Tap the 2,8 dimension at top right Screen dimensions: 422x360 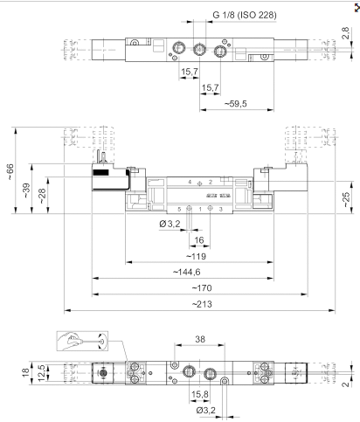click(x=344, y=36)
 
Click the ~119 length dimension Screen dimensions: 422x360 click(x=197, y=256)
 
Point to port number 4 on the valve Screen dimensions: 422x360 click(x=189, y=182)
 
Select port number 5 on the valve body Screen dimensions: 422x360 click(x=180, y=210)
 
